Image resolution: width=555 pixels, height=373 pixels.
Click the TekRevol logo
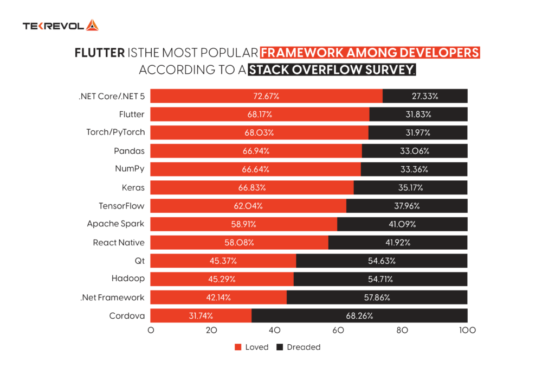tap(60, 26)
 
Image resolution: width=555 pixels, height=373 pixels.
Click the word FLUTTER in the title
tap(99, 53)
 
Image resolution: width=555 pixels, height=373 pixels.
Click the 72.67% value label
tap(266, 96)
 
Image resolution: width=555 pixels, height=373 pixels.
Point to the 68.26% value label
tap(359, 315)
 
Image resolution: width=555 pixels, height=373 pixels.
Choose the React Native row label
tap(119, 242)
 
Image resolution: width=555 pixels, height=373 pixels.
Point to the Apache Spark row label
tap(116, 224)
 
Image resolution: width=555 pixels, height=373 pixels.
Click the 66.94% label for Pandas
tap(255, 151)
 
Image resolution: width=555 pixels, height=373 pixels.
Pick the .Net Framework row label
tap(112, 297)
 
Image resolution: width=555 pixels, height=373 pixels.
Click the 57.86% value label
tap(376, 297)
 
